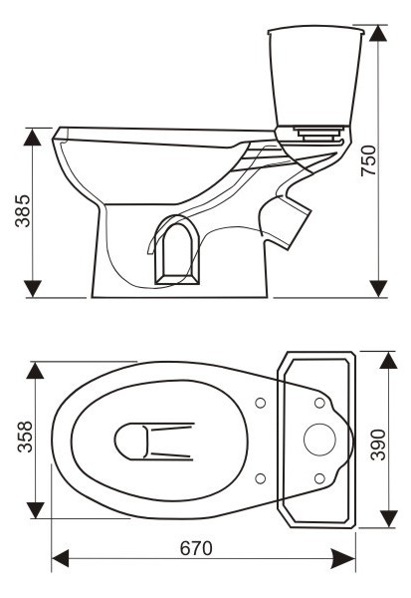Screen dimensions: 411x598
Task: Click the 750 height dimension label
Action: click(x=368, y=160)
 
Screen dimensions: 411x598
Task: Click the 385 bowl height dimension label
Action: click(x=23, y=211)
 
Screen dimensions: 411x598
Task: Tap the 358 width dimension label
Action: click(x=25, y=437)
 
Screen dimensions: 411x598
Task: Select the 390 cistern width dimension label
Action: click(x=378, y=445)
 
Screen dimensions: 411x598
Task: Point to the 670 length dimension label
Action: click(x=196, y=548)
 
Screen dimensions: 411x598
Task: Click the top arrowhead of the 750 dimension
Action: click(x=378, y=33)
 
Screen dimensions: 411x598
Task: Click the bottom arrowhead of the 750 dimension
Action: click(x=378, y=289)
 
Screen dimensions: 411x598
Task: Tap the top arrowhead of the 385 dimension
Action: click(x=32, y=137)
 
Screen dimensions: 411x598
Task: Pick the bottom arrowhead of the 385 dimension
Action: click(x=33, y=289)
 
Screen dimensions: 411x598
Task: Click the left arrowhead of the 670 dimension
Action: click(x=60, y=558)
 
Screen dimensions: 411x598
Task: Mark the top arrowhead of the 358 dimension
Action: click(x=35, y=371)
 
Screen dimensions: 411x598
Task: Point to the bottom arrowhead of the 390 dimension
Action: click(x=388, y=518)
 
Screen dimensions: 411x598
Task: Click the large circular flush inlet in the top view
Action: click(x=319, y=440)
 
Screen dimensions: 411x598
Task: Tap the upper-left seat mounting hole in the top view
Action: click(x=261, y=403)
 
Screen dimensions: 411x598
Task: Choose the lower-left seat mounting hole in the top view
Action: click(x=261, y=478)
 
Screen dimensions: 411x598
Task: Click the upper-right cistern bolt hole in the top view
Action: click(x=319, y=403)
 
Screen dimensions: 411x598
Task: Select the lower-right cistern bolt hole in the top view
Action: click(x=319, y=478)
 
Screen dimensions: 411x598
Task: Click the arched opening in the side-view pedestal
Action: click(x=176, y=250)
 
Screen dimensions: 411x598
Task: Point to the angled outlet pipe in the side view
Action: click(x=286, y=221)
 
